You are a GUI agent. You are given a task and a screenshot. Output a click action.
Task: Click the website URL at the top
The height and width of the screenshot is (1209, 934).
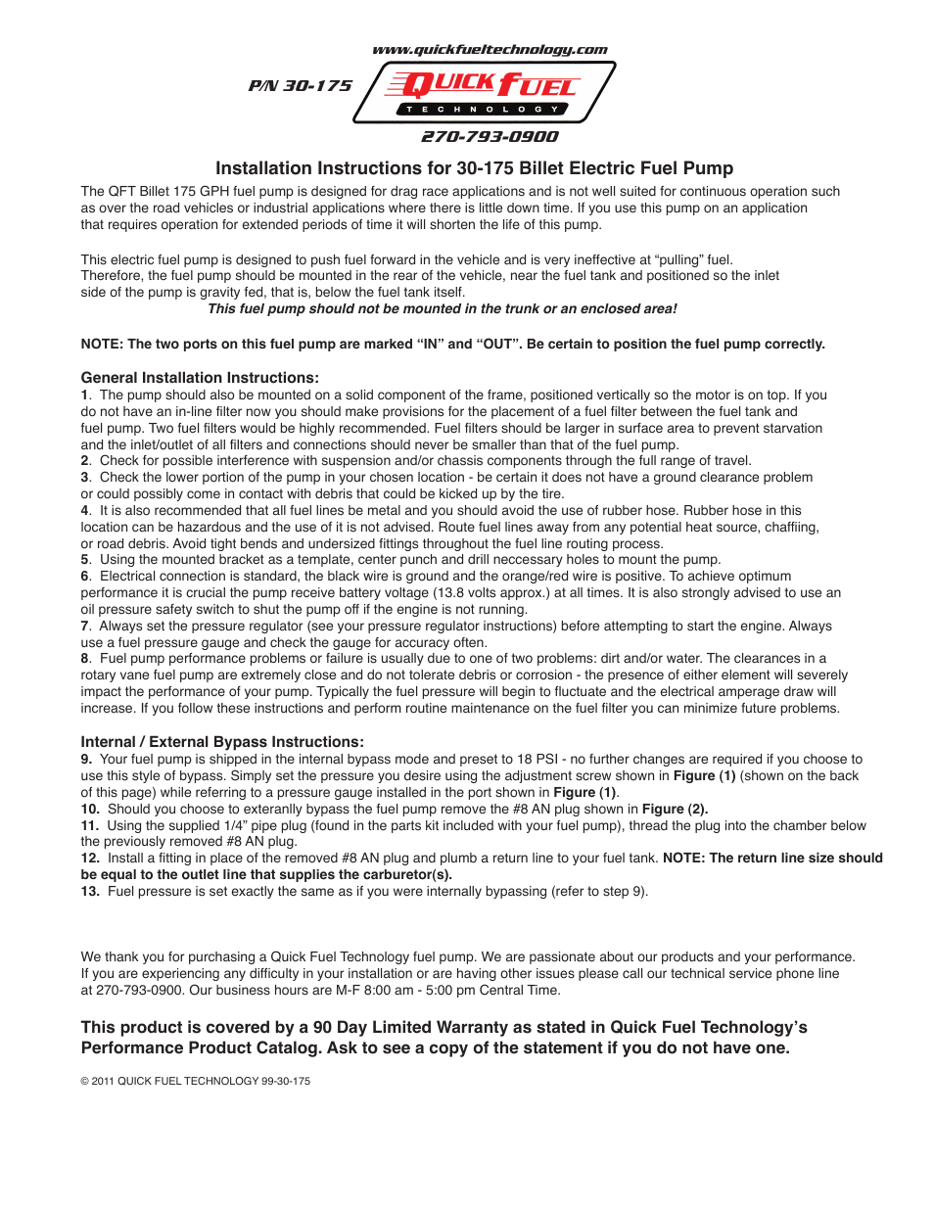(490, 50)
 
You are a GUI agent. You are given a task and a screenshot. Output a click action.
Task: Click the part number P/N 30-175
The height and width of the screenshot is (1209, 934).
(300, 86)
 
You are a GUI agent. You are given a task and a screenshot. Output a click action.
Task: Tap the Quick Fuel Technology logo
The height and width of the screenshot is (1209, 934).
(485, 93)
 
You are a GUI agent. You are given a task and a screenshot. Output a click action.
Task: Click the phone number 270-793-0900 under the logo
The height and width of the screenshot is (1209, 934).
(490, 137)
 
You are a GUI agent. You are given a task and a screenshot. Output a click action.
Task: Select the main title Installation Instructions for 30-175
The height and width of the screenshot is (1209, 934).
(474, 168)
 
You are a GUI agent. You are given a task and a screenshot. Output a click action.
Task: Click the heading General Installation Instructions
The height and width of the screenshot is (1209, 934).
(200, 378)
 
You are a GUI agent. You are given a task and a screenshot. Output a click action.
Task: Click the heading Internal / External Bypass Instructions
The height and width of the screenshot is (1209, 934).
(222, 742)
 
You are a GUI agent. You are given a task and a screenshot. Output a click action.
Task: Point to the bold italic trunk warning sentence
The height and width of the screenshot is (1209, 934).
(442, 309)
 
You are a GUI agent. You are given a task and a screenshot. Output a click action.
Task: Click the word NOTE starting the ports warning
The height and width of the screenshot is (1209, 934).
(101, 345)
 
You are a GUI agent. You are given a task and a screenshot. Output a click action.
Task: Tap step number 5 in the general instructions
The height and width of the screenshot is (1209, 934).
(85, 560)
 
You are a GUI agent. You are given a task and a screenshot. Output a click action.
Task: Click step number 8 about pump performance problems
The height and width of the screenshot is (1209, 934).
(85, 659)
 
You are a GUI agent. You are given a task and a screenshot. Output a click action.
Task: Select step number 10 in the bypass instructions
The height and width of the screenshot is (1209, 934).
(90, 810)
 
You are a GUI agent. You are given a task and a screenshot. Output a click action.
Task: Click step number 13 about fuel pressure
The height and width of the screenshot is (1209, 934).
(90, 892)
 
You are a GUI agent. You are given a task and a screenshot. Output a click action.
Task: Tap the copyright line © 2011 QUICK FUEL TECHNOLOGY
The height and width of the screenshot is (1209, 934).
(195, 1082)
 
